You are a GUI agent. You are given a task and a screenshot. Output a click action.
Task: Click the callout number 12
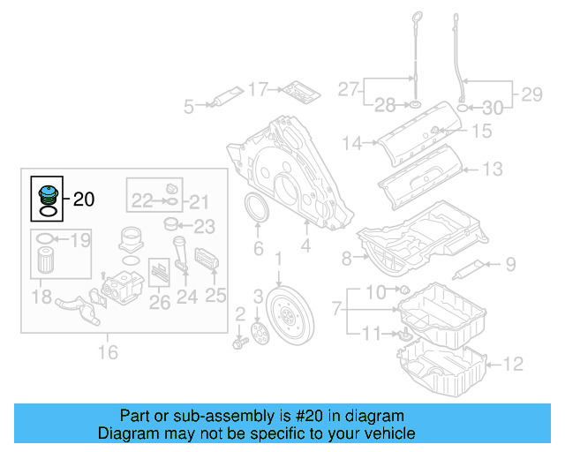click(513, 363)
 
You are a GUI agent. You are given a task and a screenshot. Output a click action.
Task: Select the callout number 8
click(346, 258)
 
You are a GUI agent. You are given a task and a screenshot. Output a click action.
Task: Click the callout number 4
click(305, 248)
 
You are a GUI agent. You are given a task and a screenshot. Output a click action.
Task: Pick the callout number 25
click(216, 297)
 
